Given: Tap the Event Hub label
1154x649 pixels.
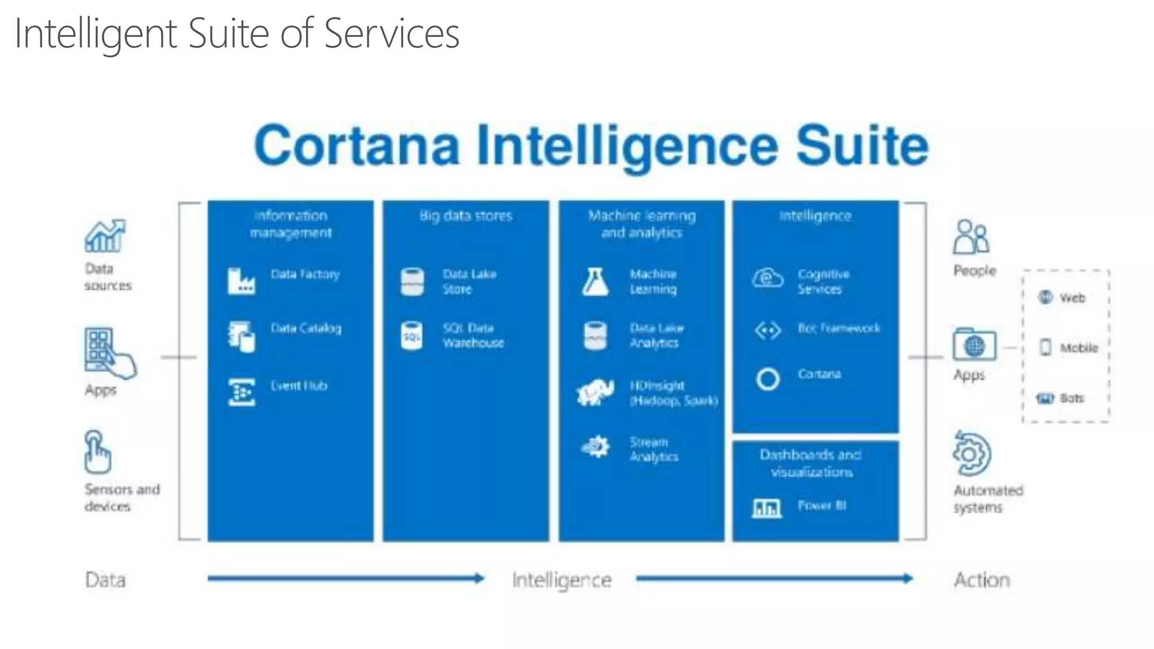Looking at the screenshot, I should pyautogui.click(x=299, y=386).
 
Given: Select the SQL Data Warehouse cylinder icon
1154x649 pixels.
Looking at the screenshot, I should pyautogui.click(x=412, y=336).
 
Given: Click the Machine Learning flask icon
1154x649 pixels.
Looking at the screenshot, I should pyautogui.click(x=595, y=282).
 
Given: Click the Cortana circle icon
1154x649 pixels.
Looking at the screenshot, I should pyautogui.click(x=767, y=379).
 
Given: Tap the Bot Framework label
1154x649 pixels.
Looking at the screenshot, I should pyautogui.click(x=838, y=328).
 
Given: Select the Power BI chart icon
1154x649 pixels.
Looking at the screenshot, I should pyautogui.click(x=767, y=508).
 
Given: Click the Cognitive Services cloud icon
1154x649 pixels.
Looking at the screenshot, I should pyautogui.click(x=767, y=278).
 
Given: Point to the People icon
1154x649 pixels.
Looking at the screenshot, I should pyautogui.click(x=971, y=237).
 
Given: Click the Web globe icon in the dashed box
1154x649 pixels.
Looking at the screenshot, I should pyautogui.click(x=1045, y=297).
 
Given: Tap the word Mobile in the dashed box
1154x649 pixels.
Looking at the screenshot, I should pyautogui.click(x=1078, y=348).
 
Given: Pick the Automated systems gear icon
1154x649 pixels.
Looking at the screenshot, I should pyautogui.click(x=971, y=454).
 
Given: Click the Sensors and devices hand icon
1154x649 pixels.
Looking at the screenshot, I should pyautogui.click(x=97, y=452).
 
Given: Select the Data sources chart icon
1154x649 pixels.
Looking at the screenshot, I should pyautogui.click(x=105, y=236).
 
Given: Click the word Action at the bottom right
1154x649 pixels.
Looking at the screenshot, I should pyautogui.click(x=982, y=580).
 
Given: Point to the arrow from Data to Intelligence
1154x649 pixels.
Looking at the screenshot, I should pyautogui.click(x=345, y=578).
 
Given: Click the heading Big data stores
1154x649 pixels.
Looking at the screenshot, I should pyautogui.click(x=466, y=216).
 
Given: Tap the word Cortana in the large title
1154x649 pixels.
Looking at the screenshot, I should pyautogui.click(x=357, y=146).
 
